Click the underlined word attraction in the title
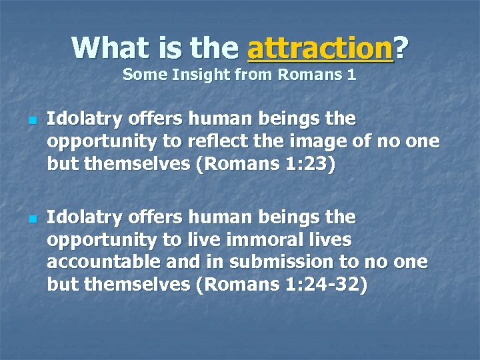tap(319, 48)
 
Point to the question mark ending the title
tap(401, 47)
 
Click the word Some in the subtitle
tap(141, 75)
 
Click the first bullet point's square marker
tap(31, 121)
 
